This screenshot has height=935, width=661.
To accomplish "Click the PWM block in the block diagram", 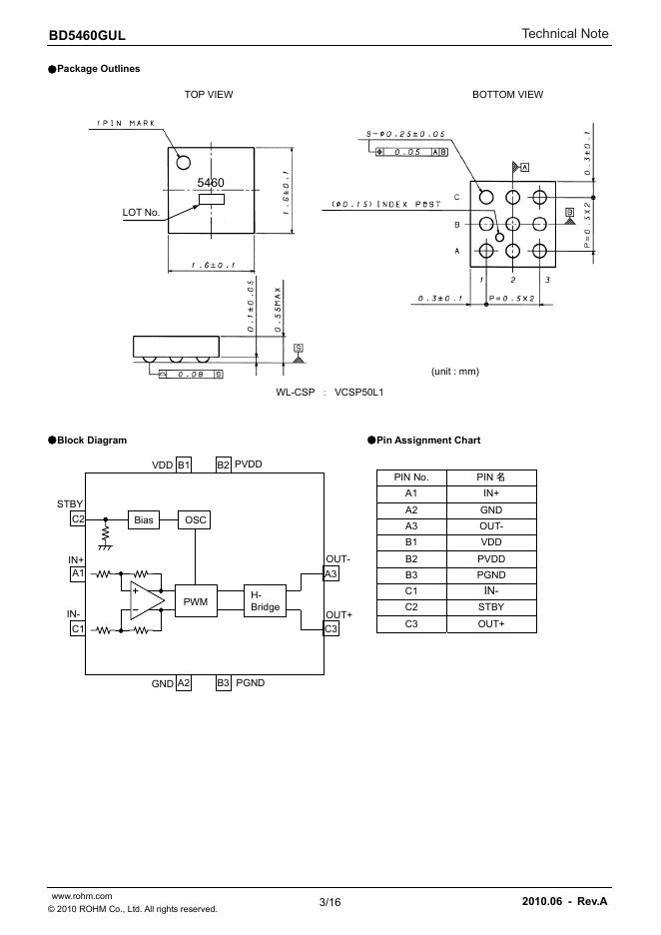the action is pos(196,601).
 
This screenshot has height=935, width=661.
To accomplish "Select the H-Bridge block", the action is pos(265,601).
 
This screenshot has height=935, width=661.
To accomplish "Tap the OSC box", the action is pos(195,520).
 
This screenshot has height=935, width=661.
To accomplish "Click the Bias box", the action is pos(144,520).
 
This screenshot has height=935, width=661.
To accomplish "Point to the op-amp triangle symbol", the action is pos(145,600).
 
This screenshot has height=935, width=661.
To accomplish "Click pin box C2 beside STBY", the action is pos(78,518).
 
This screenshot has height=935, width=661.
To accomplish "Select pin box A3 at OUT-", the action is pos(330,573).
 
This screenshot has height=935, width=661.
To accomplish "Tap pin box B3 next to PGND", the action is pos(223,682).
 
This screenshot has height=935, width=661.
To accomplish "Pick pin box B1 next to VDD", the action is pos(184,465).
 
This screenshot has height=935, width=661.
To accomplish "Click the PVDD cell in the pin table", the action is pos(491,558).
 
